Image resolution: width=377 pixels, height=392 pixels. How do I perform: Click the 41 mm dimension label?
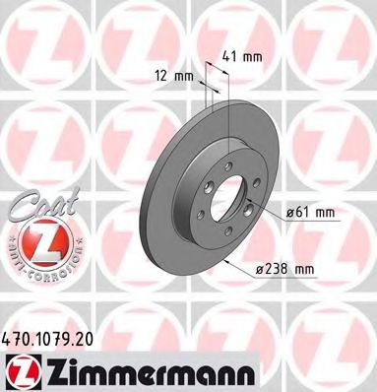pos(242,57)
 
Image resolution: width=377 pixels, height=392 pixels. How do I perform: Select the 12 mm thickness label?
pos(174,77)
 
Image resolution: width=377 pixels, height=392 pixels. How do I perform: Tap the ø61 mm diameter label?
pos(310,213)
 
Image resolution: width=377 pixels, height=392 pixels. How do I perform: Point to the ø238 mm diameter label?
pos(284,270)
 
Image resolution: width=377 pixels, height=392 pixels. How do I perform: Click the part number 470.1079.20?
pos(47,338)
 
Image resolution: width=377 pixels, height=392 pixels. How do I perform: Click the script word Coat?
pos(44,204)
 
